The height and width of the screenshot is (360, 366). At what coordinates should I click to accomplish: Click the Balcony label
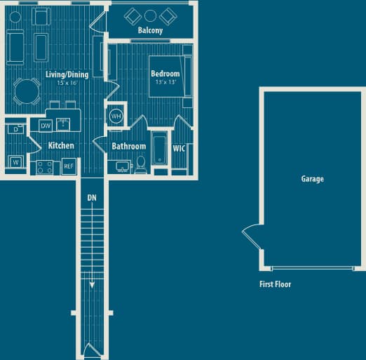pyautogui.click(x=150, y=31)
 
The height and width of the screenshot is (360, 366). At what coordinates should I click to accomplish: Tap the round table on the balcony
pyautogui.click(x=150, y=15)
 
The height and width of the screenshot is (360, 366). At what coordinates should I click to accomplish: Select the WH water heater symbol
pyautogui.click(x=116, y=116)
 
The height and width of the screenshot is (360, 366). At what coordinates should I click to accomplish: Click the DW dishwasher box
pyautogui.click(x=46, y=126)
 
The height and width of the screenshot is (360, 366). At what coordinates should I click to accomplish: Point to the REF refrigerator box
pyautogui.click(x=69, y=166)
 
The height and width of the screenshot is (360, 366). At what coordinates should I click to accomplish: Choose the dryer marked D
pyautogui.click(x=15, y=128)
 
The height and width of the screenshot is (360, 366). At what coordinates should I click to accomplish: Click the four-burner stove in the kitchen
pyautogui.click(x=45, y=167)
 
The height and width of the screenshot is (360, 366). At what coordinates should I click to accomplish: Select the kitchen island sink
pyautogui.click(x=63, y=125)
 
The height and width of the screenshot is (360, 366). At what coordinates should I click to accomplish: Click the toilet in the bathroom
pyautogui.click(x=140, y=164)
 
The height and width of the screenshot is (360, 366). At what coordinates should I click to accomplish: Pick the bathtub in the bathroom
pyautogui.click(x=161, y=149)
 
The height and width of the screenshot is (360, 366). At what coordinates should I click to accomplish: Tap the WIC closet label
pyautogui.click(x=179, y=148)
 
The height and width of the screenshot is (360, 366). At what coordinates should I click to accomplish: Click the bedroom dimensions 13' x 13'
pyautogui.click(x=165, y=82)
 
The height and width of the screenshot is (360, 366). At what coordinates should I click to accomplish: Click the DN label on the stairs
pyautogui.click(x=92, y=198)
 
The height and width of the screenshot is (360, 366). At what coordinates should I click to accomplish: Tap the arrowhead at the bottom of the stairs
pyautogui.click(x=92, y=286)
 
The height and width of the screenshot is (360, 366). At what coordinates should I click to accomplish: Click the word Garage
pyautogui.click(x=312, y=179)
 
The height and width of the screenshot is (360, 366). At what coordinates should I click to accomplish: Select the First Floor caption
pyautogui.click(x=275, y=284)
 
